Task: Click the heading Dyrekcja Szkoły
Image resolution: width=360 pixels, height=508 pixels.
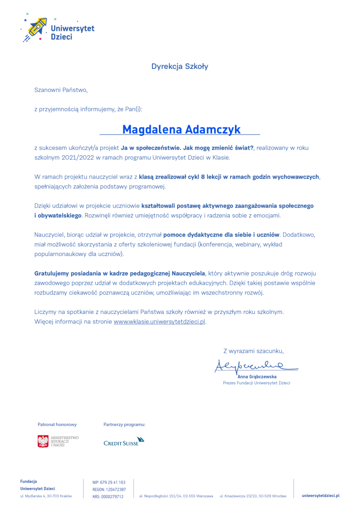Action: click(180, 66)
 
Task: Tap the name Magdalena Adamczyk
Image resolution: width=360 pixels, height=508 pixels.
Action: click(181, 129)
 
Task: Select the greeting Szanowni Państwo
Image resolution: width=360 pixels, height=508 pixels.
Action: click(61, 90)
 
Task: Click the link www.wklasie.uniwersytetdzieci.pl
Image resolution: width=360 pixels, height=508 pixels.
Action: click(159, 321)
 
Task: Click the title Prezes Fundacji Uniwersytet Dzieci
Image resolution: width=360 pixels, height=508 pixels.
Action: click(256, 383)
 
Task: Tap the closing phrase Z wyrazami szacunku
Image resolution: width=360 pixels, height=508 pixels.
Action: click(254, 351)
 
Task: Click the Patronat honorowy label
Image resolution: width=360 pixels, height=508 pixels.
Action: click(57, 425)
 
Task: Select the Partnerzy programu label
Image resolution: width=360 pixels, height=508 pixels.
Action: click(124, 425)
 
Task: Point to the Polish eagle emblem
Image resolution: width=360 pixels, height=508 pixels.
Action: click(43, 441)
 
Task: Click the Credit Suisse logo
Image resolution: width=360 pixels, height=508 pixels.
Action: click(124, 441)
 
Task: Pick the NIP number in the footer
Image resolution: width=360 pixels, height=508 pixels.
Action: click(109, 482)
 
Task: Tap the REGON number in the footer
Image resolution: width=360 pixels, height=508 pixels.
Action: click(109, 489)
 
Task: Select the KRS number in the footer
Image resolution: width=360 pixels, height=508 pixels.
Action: click(108, 496)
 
